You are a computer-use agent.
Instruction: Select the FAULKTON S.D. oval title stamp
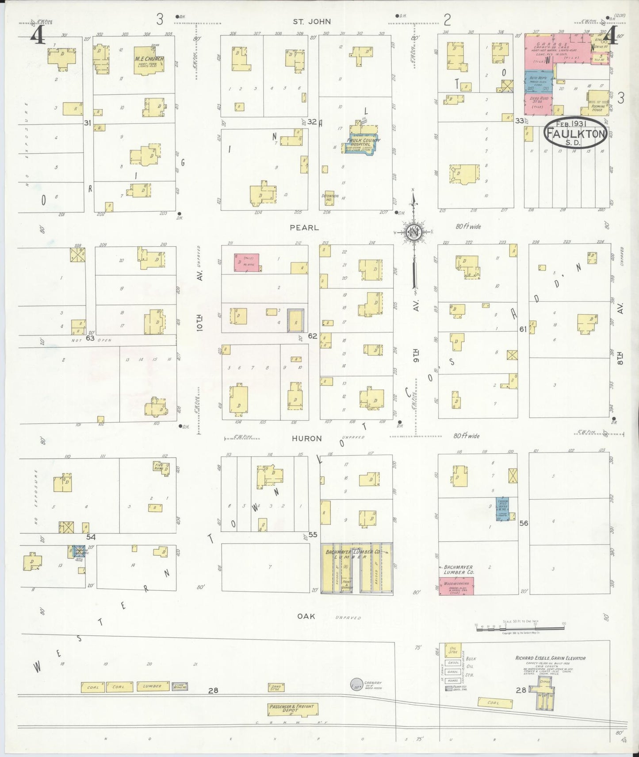(575, 132)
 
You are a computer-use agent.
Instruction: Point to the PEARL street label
(304, 228)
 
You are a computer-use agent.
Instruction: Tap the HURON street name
(307, 438)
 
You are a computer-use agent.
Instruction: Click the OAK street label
(306, 616)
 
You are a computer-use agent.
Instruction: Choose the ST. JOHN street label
(312, 21)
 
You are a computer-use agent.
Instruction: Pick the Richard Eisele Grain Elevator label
(550, 658)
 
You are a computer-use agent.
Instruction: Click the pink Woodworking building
(456, 586)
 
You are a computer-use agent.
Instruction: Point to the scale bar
(520, 626)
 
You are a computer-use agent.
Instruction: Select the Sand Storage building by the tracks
(276, 687)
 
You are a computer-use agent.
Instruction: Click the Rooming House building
(598, 101)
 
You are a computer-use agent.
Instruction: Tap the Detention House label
(330, 197)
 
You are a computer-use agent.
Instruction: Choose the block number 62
(312, 336)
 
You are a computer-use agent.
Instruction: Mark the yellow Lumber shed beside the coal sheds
(152, 687)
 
